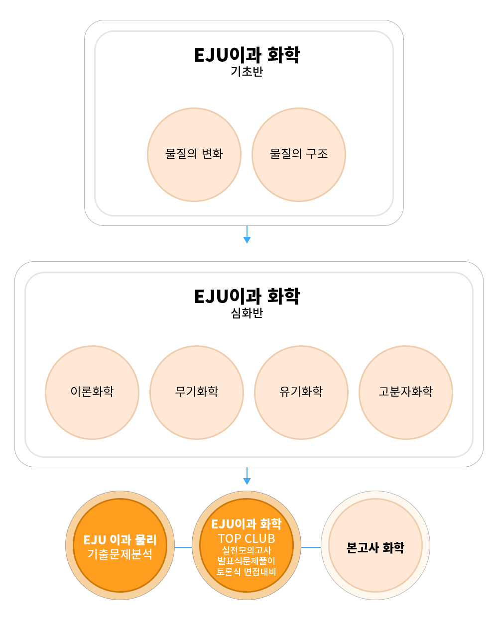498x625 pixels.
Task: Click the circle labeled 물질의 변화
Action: click(x=194, y=155)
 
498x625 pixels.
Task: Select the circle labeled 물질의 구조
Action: click(x=299, y=155)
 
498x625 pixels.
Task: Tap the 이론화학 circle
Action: click(x=92, y=392)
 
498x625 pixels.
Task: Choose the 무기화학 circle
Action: click(x=197, y=392)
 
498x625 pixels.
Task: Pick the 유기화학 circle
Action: click(x=301, y=392)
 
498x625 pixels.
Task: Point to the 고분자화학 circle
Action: click(x=406, y=392)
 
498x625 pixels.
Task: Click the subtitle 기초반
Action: click(x=247, y=72)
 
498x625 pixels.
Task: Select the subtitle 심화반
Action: click(x=247, y=313)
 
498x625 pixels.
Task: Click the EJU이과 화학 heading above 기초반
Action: click(x=247, y=55)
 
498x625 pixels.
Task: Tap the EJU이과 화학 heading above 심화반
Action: click(x=247, y=296)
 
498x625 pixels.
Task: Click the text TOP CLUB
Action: click(x=247, y=538)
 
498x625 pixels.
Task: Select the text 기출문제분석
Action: click(x=120, y=554)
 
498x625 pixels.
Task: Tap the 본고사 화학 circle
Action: click(x=375, y=547)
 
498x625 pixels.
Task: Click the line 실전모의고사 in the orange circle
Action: click(x=247, y=550)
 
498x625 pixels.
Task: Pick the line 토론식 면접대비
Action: click(x=247, y=572)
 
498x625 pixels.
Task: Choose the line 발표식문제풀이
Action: click(x=247, y=561)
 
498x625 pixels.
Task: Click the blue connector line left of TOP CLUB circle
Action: click(x=183, y=547)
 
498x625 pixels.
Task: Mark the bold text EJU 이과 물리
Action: click(x=120, y=540)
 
